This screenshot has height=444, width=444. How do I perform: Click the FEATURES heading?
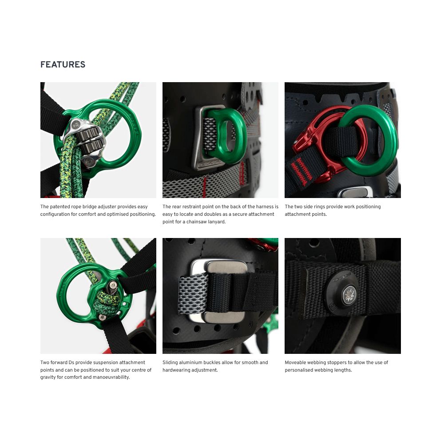tap(63, 64)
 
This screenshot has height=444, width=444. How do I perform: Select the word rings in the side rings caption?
tap(320, 207)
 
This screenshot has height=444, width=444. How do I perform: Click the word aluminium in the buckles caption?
tap(191, 362)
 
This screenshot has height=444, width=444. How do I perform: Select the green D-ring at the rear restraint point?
tap(226, 135)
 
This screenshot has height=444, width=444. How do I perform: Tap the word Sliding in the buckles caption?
tap(170, 362)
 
